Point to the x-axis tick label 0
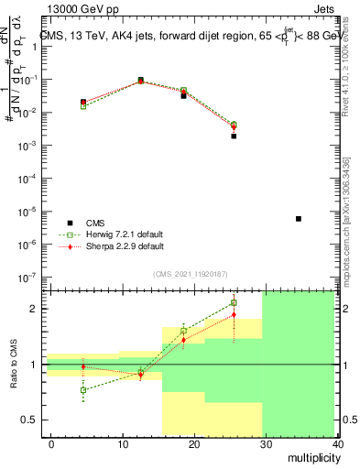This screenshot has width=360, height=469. click(51, 443)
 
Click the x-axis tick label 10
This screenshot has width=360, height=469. click(122, 443)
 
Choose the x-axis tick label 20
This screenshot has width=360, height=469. click(193, 443)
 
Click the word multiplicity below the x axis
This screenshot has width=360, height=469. click(311, 458)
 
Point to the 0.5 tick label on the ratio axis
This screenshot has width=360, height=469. click(29, 420)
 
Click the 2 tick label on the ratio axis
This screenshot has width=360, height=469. click(34, 309)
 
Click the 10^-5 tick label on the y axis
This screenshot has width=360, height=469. click(27, 212)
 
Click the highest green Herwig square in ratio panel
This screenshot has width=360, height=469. click(234, 302)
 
